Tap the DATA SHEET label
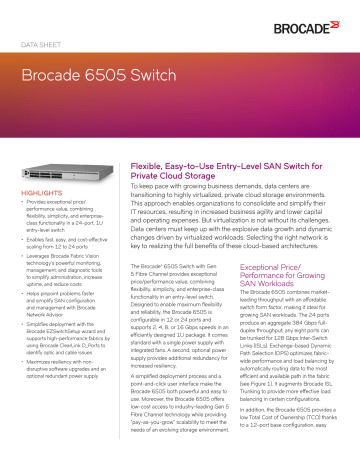[49, 45]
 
